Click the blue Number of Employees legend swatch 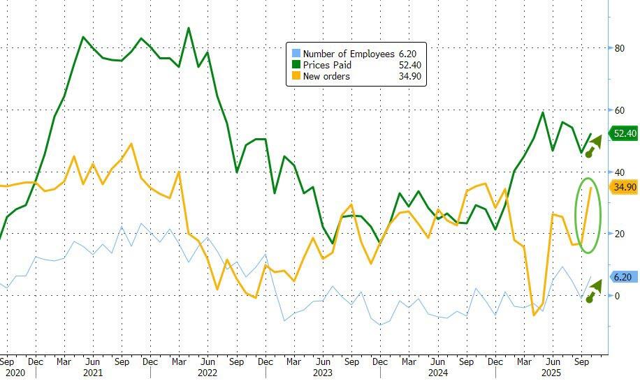point(295,54)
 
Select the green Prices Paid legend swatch point(295,65)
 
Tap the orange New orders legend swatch point(295,76)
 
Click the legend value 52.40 point(409,65)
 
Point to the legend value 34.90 point(409,76)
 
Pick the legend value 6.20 point(407,54)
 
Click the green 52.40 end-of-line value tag point(624,133)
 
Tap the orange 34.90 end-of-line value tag point(624,187)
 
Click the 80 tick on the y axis point(619,48)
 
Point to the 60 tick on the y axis point(619,110)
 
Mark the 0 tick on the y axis point(617,296)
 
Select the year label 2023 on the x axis point(323,373)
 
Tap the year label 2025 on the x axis point(552,373)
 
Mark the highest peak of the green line point(188,29)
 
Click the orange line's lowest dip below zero point(534,315)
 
